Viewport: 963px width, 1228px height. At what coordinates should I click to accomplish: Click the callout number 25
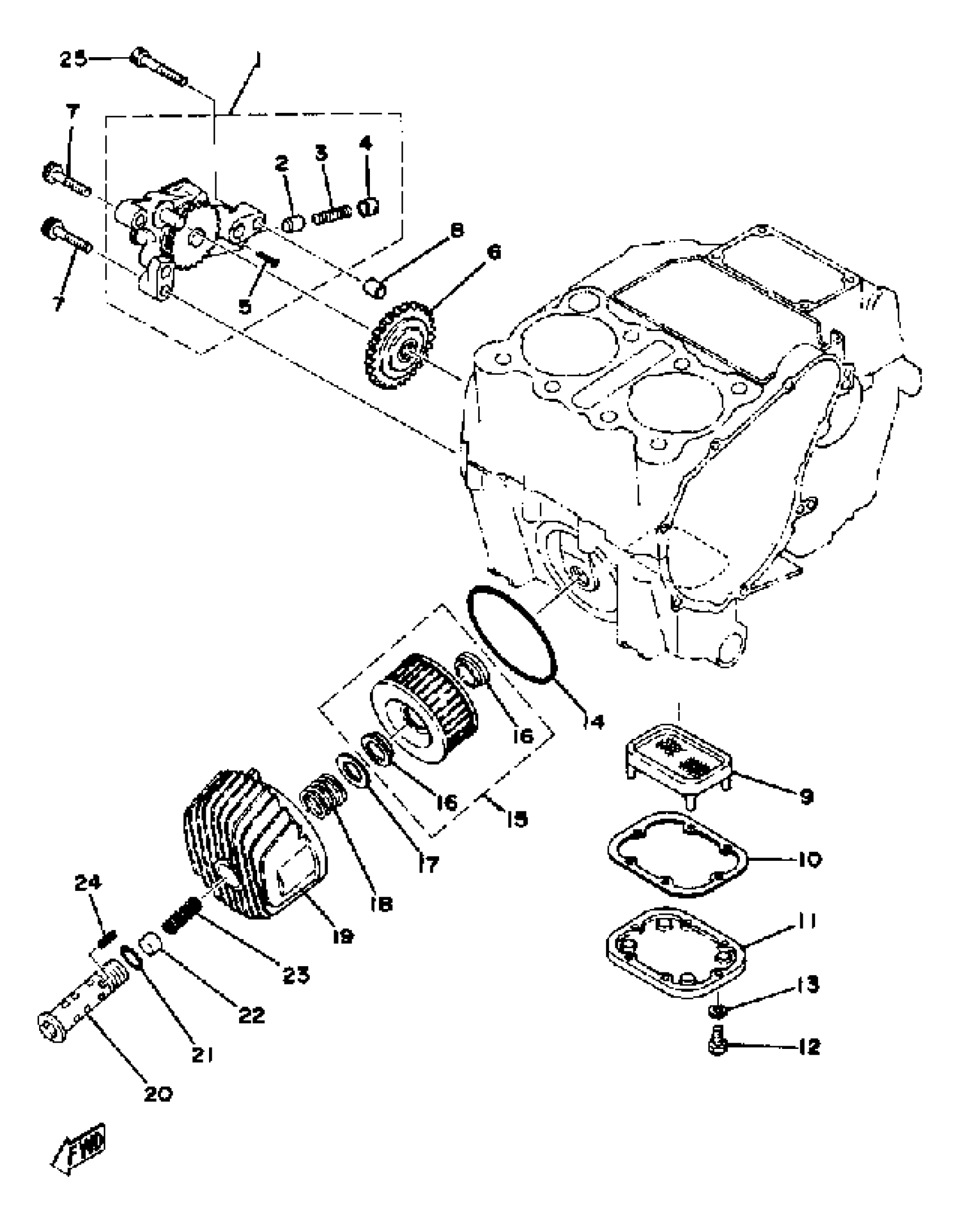74,59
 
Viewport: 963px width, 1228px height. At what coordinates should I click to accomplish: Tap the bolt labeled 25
159,67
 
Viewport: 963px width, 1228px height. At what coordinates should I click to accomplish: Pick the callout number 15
517,819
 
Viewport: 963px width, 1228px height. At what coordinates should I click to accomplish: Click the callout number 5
245,307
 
